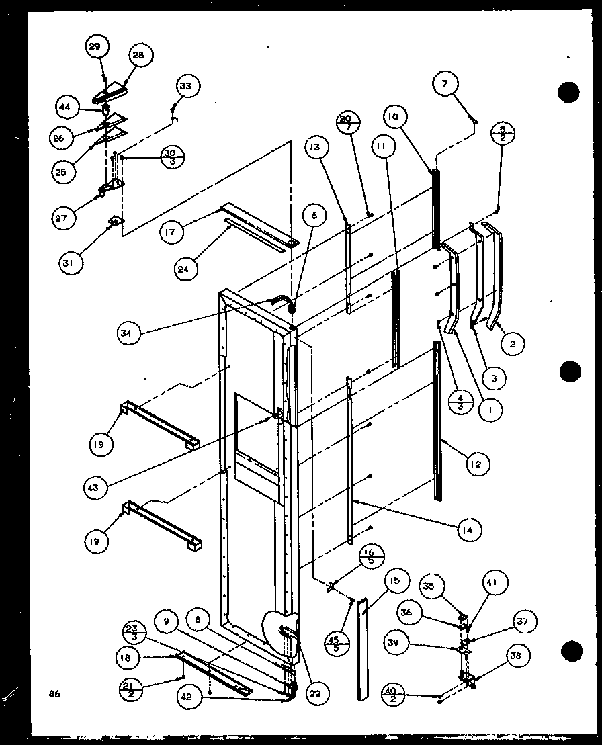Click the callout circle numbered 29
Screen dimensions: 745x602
[x=97, y=47]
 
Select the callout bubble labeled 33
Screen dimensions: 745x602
[x=185, y=87]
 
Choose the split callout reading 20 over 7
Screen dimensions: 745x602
[x=347, y=124]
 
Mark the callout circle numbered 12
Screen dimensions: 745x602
[x=478, y=464]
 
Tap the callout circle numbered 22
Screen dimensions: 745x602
[x=314, y=694]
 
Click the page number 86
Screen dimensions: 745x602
[x=54, y=693]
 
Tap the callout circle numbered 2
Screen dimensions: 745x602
[x=513, y=345]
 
